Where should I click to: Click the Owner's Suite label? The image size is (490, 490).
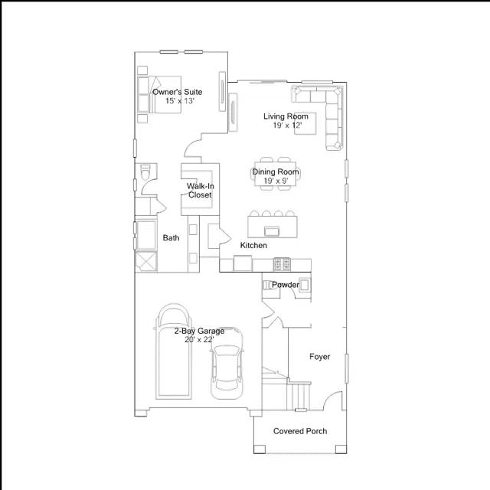click(177, 92)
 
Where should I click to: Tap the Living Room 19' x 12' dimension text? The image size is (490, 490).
click(287, 126)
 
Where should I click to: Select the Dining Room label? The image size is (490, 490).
click(276, 171)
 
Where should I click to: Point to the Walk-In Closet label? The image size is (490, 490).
click(201, 191)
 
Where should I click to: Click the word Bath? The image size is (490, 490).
click(171, 238)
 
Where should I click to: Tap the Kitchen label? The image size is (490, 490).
click(253, 245)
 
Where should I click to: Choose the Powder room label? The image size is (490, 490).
click(286, 285)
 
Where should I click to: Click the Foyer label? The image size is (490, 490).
click(319, 357)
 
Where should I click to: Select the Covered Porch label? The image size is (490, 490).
click(300, 431)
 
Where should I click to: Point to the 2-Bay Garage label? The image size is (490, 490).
click(199, 331)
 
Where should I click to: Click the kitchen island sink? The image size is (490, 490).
click(272, 231)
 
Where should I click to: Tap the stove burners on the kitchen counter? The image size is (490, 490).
click(282, 264)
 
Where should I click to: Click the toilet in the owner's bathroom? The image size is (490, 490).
click(145, 171)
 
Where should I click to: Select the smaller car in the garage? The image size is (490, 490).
click(227, 364)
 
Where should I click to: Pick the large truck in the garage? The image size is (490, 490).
click(174, 351)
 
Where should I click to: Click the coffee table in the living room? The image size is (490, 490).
click(305, 123)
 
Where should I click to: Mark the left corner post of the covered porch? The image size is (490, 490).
click(260, 449)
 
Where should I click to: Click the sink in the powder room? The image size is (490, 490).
click(305, 285)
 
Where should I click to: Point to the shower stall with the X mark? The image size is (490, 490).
click(145, 262)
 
